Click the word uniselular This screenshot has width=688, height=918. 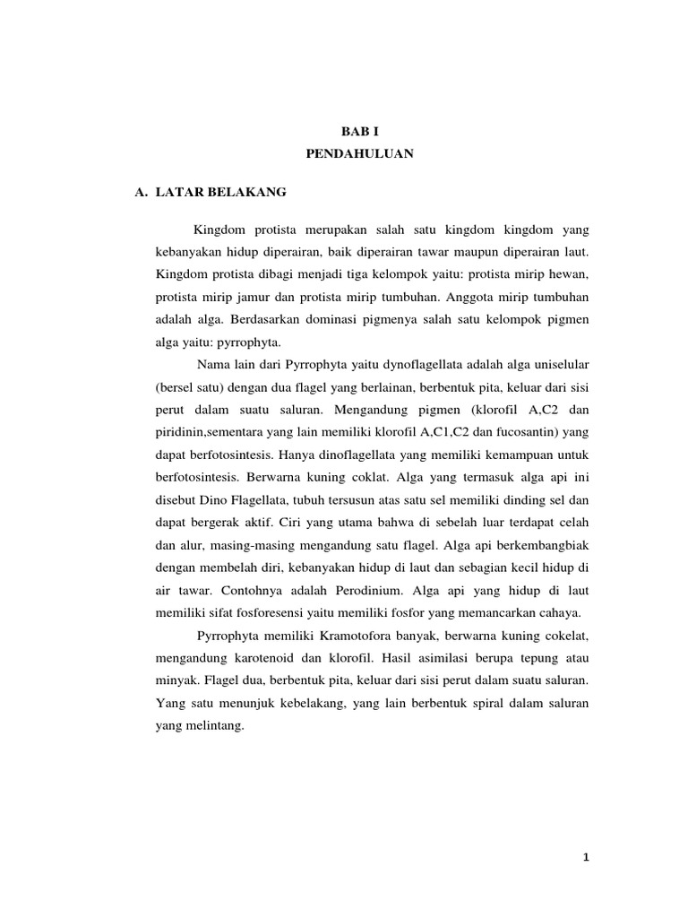click(x=556, y=365)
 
